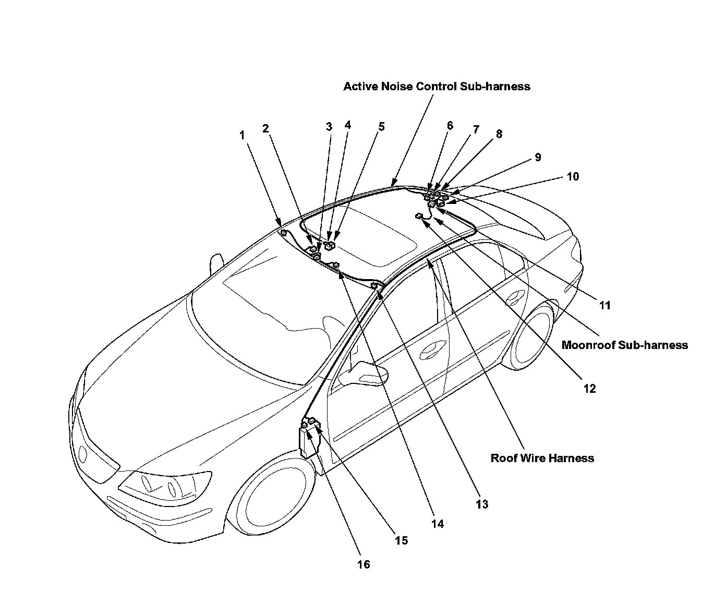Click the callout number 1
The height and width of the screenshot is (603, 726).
[241, 135]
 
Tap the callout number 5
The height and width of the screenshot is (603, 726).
[382, 127]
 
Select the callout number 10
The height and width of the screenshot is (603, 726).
[573, 176]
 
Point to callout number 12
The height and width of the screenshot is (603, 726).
[589, 389]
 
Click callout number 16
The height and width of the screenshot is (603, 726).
[364, 564]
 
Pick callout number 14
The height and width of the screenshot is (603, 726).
[438, 524]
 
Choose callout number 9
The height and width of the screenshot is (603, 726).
[538, 157]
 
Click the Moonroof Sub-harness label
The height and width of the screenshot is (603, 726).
[624, 345]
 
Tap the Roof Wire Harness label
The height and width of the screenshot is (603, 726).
[542, 458]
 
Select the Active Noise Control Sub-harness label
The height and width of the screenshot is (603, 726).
[437, 87]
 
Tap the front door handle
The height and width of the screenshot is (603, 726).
[431, 347]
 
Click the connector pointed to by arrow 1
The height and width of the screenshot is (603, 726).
[282, 232]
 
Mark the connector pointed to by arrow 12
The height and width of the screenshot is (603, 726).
[419, 216]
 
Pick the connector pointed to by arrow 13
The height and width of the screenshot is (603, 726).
[374, 286]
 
